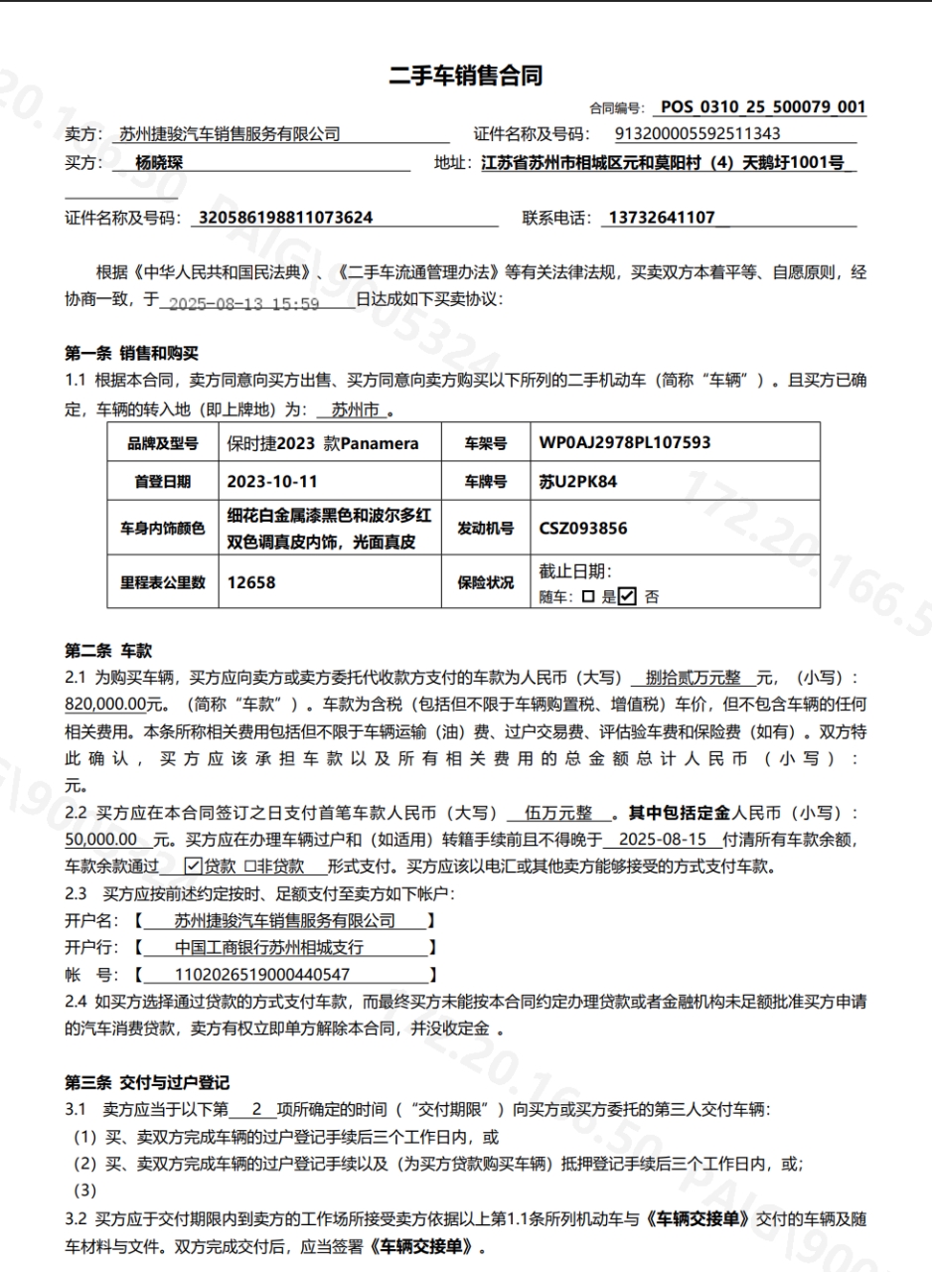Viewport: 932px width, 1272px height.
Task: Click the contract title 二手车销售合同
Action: [x=465, y=77]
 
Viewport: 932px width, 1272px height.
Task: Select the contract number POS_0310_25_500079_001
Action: [x=762, y=107]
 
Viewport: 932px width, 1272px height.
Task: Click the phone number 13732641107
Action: [x=661, y=218]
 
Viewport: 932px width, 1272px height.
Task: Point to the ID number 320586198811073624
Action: [x=286, y=218]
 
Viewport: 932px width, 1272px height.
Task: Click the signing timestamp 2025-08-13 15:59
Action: [x=243, y=303]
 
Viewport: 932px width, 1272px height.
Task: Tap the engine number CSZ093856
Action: [x=583, y=529]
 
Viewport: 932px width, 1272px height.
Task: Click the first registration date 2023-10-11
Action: [x=271, y=481]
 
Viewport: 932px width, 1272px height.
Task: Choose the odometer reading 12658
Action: [x=251, y=582]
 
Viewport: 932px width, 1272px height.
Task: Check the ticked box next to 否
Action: [x=627, y=596]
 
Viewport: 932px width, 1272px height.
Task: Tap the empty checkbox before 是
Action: [x=587, y=596]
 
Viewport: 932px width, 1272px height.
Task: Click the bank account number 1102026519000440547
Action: [x=261, y=975]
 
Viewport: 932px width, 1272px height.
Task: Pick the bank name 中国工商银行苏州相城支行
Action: [x=269, y=947]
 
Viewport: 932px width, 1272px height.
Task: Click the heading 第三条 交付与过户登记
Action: [x=147, y=1082]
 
